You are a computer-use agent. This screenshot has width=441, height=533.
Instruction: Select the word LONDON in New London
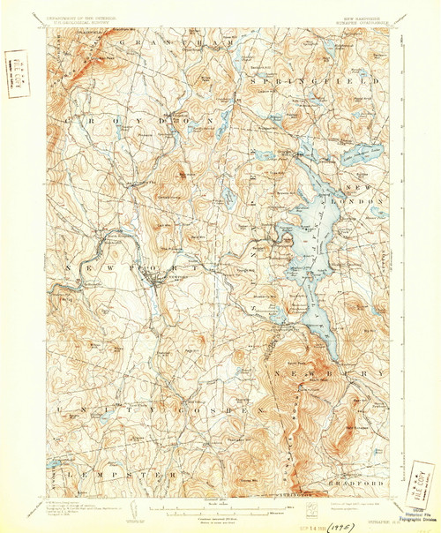pyautogui.click(x=365, y=201)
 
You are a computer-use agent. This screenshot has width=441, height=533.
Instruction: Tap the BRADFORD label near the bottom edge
pyautogui.click(x=364, y=484)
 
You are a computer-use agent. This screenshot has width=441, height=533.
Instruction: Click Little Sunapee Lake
pyautogui.click(x=353, y=154)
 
